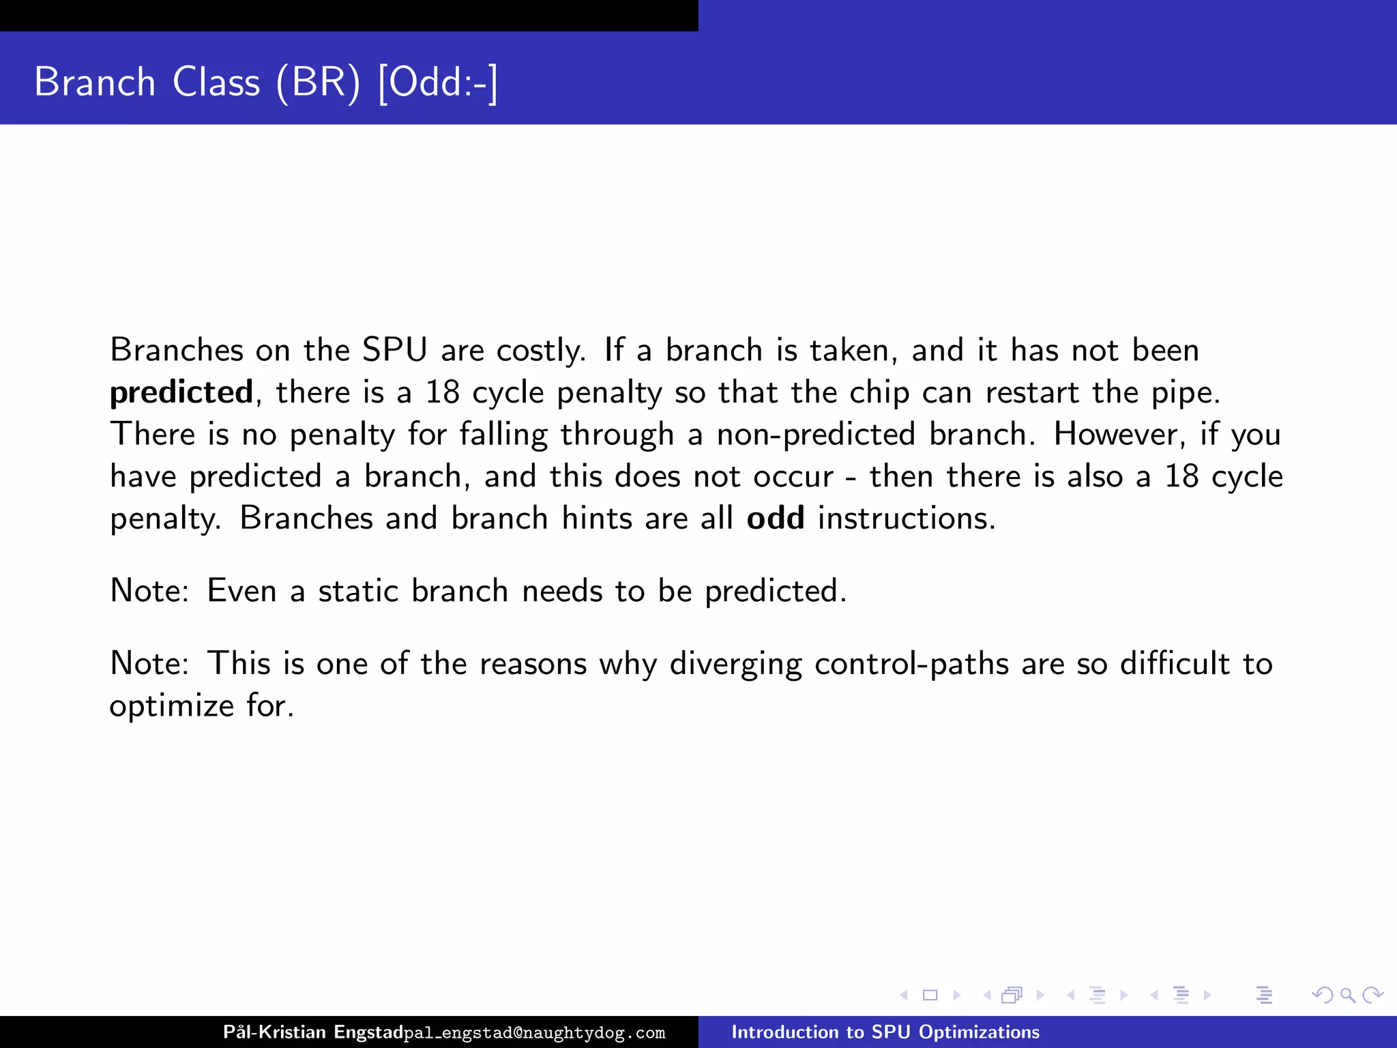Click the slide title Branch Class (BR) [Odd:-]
point(266,82)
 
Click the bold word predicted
point(181,393)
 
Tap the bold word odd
point(776,519)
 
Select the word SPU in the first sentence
point(394,351)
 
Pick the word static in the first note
point(358,591)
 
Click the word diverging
point(735,665)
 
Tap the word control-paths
point(911,665)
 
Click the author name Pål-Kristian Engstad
point(313,1032)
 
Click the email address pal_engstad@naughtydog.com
point(534,1033)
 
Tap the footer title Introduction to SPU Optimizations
point(885,1032)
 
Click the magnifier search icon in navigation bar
point(1347,995)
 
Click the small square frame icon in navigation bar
point(930,995)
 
